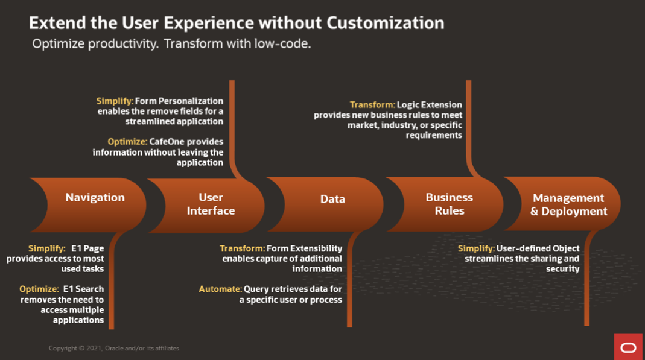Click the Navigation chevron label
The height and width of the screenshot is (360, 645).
click(95, 197)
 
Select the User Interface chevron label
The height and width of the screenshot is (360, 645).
click(211, 204)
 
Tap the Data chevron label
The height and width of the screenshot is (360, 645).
click(332, 199)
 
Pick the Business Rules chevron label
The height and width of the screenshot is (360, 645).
click(449, 204)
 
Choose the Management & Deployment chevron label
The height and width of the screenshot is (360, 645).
click(568, 204)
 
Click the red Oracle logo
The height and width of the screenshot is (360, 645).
click(628, 347)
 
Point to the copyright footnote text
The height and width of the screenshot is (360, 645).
click(114, 348)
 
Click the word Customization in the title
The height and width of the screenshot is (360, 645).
click(386, 23)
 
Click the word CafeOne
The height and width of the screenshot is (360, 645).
click(166, 142)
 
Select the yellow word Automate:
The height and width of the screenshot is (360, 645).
click(220, 289)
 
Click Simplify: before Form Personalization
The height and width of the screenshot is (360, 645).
click(115, 101)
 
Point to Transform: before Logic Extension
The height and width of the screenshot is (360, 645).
click(372, 105)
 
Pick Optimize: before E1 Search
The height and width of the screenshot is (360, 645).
click(39, 289)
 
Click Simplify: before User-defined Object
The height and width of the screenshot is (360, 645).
click(476, 248)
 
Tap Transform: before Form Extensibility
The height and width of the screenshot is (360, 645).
click(243, 248)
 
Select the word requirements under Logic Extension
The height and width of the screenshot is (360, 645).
click(434, 136)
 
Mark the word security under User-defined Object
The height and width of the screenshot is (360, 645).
click(563, 269)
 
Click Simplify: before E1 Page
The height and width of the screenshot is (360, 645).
click(47, 248)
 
